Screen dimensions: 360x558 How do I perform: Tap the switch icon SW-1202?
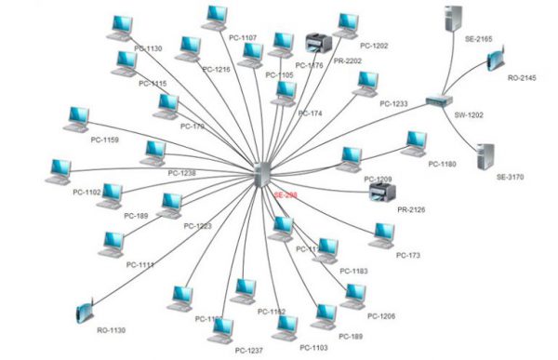tap(437, 101)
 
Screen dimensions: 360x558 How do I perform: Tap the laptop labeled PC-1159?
tap(78, 119)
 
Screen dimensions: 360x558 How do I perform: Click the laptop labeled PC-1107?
tap(216, 17)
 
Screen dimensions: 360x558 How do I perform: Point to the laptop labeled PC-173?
tap(381, 235)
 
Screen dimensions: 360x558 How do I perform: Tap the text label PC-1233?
tap(393, 104)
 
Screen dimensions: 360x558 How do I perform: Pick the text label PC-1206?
tap(381, 316)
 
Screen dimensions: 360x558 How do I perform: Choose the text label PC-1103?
tap(313, 347)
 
